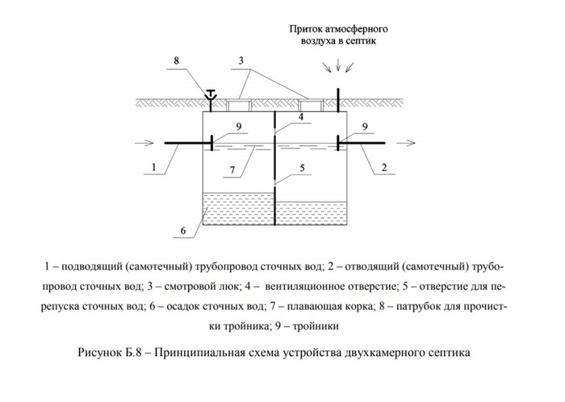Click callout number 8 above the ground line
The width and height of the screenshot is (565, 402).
click(176, 61)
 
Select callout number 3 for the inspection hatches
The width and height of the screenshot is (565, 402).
click(241, 61)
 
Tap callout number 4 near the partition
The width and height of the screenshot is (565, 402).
click(300, 117)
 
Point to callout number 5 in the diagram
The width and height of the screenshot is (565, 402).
click(302, 168)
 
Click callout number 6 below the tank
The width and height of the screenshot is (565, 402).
click(183, 231)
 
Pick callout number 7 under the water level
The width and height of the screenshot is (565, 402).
click(232, 170)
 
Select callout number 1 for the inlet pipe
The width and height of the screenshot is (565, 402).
click(154, 167)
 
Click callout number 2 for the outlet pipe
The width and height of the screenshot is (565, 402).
click(384, 167)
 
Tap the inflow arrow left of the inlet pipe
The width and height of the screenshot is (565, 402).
click(144, 144)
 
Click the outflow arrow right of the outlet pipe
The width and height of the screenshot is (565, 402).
click(406, 144)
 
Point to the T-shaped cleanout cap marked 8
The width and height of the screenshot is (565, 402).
click(211, 94)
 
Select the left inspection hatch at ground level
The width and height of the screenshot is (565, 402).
click(238, 105)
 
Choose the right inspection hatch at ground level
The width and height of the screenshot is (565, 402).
click(311, 105)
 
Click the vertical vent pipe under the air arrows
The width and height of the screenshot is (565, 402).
click(338, 100)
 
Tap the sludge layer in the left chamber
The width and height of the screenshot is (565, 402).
click(239, 209)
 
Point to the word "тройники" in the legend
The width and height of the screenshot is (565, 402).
click(316, 326)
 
